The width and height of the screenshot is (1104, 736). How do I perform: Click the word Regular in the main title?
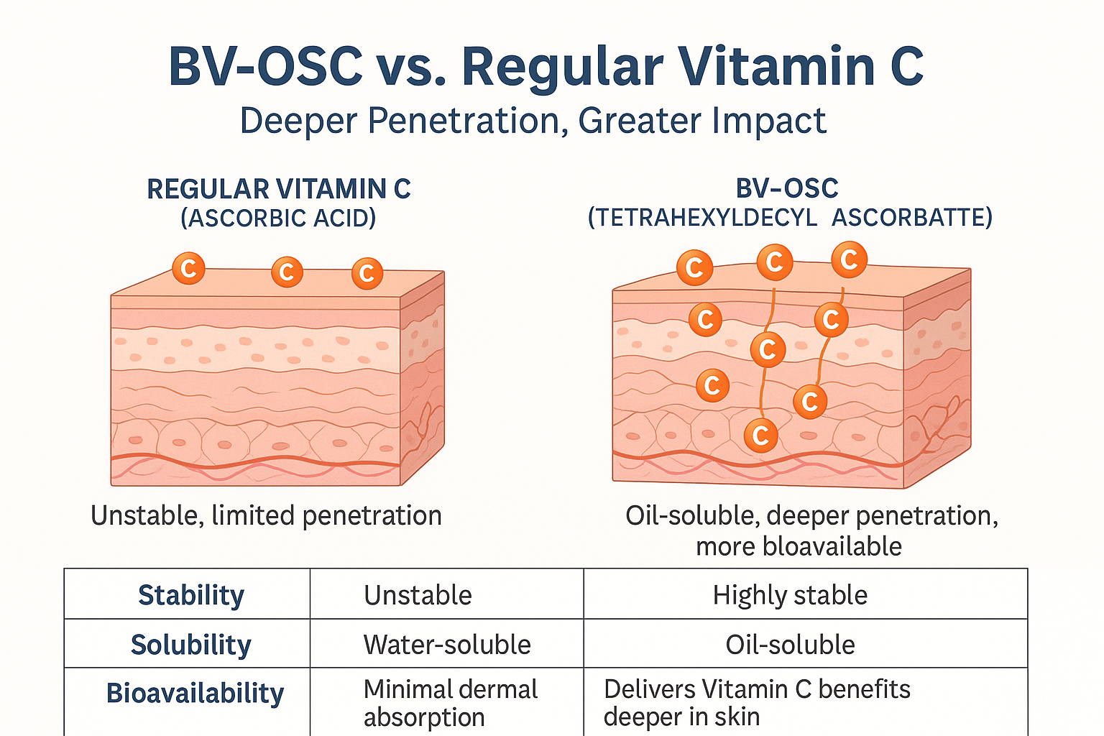(562, 67)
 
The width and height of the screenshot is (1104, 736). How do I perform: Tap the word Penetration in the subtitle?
(463, 121)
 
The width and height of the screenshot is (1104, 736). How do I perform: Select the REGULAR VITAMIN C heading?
(279, 189)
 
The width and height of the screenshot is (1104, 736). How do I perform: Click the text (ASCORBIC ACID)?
(278, 218)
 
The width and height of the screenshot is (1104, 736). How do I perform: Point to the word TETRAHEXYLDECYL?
(702, 217)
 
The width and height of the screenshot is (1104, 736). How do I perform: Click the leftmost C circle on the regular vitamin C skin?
(188, 269)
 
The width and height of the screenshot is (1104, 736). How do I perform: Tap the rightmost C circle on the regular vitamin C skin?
(367, 273)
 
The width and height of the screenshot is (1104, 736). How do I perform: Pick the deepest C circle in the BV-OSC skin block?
(760, 435)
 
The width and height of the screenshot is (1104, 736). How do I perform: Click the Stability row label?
(190, 595)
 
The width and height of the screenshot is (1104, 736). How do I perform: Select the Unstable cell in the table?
(418, 595)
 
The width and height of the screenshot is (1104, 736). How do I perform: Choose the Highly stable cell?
(790, 595)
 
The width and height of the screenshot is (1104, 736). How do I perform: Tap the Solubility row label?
(190, 645)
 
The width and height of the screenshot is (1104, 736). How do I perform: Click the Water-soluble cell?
(447, 645)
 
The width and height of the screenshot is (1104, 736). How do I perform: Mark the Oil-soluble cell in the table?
(790, 645)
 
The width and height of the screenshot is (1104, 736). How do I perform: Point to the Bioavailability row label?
(195, 694)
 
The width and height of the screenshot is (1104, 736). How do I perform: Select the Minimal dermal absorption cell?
(450, 702)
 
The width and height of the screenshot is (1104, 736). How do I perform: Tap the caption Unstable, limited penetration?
(266, 516)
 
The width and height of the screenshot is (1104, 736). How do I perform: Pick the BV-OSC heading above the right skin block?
(787, 188)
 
